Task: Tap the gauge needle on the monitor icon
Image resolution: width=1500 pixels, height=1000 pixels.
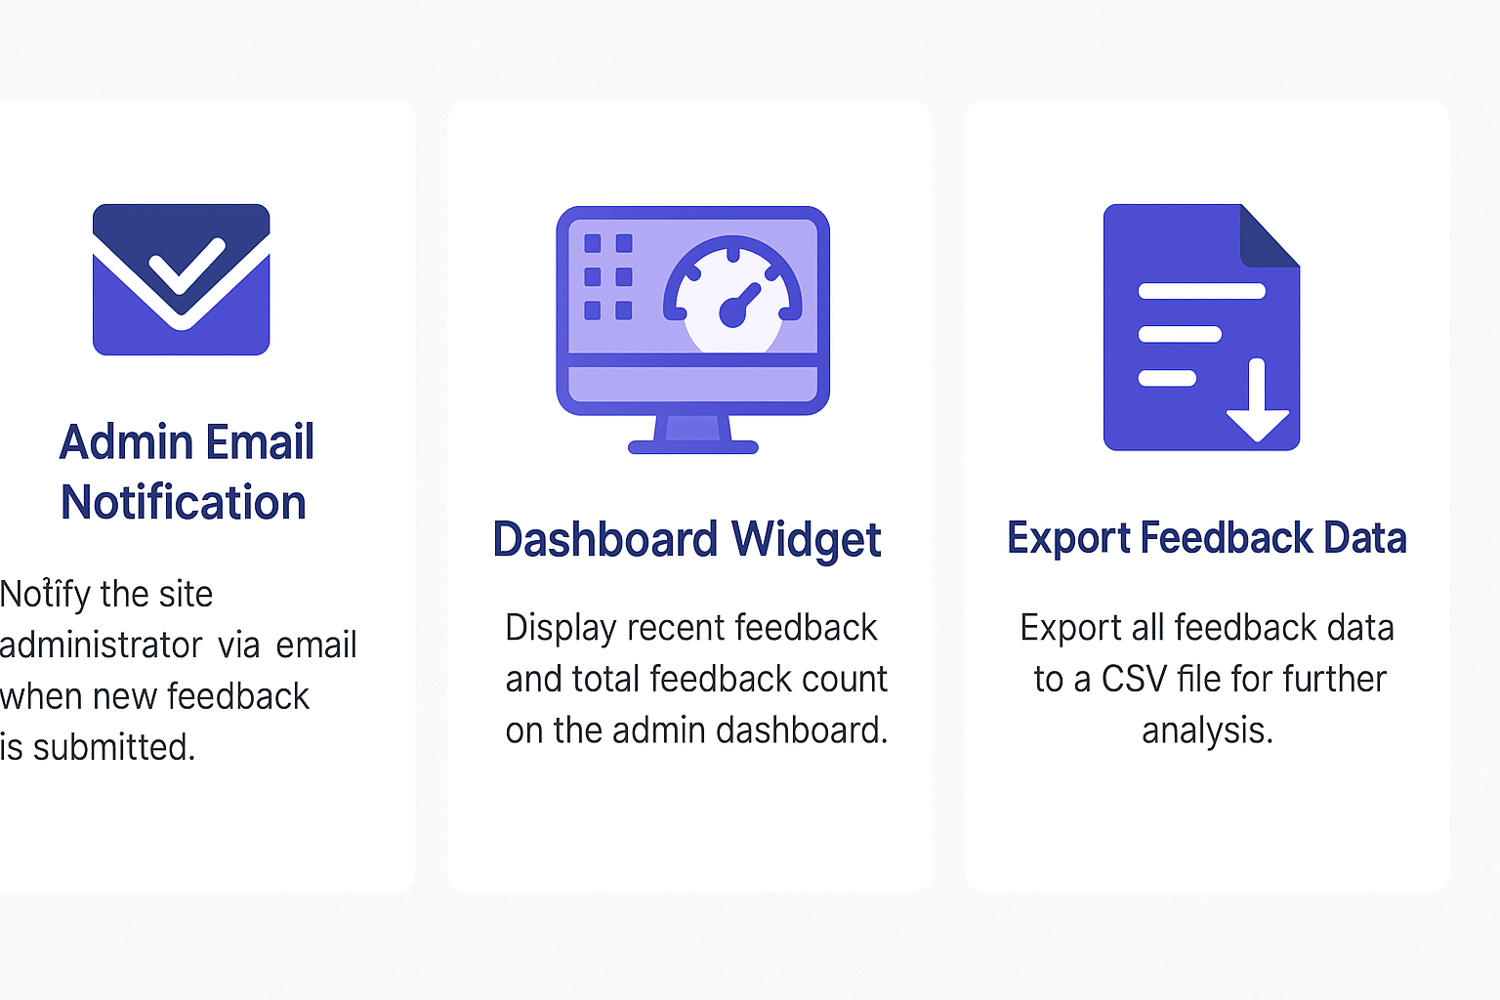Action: pyautogui.click(x=739, y=306)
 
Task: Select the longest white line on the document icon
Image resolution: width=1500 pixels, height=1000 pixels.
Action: pyautogui.click(x=1202, y=291)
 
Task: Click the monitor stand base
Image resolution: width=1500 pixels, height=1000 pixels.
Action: pyautogui.click(x=693, y=446)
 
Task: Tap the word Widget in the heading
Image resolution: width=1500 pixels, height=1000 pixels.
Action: pyautogui.click(x=807, y=540)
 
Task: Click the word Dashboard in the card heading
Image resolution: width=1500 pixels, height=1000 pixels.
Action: pyautogui.click(x=605, y=538)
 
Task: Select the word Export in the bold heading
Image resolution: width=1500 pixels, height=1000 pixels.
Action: pyautogui.click(x=1068, y=538)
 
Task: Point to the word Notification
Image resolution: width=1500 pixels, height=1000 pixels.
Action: pyautogui.click(x=184, y=502)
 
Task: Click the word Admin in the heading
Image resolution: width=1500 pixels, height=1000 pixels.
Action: pyautogui.click(x=126, y=441)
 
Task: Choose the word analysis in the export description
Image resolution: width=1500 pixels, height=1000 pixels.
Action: pyautogui.click(x=1207, y=730)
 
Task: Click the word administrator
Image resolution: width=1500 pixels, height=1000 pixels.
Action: pyautogui.click(x=101, y=645)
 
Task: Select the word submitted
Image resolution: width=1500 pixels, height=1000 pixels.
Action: pyautogui.click(x=114, y=747)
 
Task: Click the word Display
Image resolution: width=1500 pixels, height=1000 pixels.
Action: pyautogui.click(x=561, y=629)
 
